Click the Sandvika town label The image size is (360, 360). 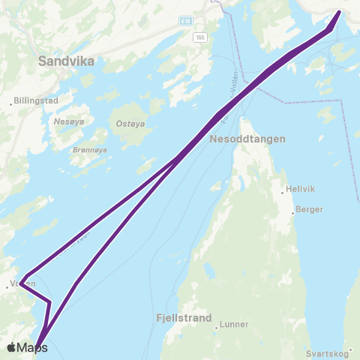[65, 62]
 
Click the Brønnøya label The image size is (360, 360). [90, 149]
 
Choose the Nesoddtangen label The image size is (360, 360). [243, 139]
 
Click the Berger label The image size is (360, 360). [309, 210]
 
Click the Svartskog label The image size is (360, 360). [329, 352]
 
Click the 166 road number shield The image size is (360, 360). [199, 37]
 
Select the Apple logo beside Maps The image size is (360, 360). [13, 347]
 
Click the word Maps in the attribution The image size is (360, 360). [33, 347]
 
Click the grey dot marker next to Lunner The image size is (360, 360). [217, 326]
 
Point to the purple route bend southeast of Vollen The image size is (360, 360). [49, 302]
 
